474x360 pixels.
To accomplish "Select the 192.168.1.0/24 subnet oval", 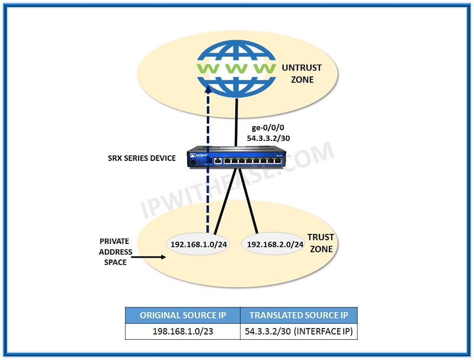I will coord(198,243).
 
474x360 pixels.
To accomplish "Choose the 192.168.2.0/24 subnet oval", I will coord(274,243).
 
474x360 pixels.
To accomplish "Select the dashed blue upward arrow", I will coord(207,160).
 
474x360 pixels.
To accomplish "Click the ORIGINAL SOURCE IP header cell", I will coord(182,315).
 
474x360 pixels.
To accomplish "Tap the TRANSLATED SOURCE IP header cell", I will coord(298,315).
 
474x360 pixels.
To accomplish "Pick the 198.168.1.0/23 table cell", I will coord(182,331).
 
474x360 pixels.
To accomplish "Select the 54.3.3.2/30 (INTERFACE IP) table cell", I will coord(298,331).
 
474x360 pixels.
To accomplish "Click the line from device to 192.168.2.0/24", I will coord(249,201).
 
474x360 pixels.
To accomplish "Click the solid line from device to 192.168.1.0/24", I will coord(226,201).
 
